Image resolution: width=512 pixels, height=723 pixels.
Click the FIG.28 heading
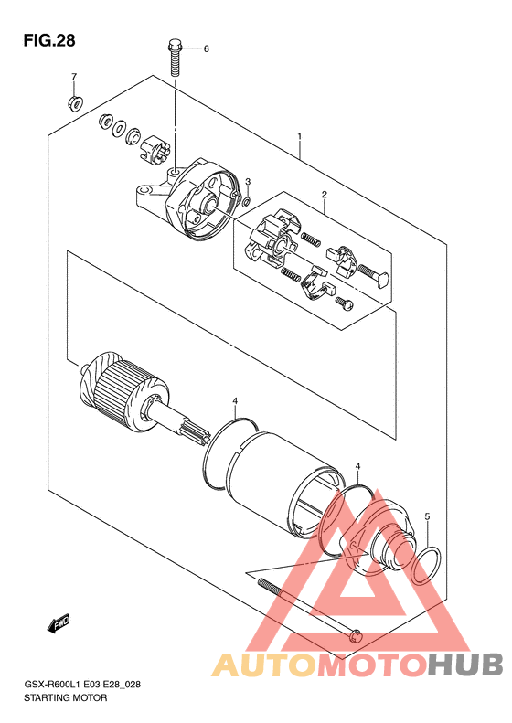tap(48, 40)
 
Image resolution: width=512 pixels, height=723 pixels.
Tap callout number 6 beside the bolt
tap(207, 48)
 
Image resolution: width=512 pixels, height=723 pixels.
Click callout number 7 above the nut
tap(74, 77)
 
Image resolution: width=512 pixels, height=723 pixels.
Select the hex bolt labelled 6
tap(175, 58)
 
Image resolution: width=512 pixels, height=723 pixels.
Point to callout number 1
tap(300, 136)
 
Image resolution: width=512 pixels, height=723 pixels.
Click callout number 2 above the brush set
tap(325, 194)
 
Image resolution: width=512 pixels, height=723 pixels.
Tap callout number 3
tap(248, 182)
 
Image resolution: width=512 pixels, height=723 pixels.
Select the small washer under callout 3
tap(247, 200)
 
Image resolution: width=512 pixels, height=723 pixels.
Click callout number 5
tap(427, 517)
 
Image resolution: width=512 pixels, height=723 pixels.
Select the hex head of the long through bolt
tap(355, 636)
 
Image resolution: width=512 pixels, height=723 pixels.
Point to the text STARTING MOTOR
tap(66, 697)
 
